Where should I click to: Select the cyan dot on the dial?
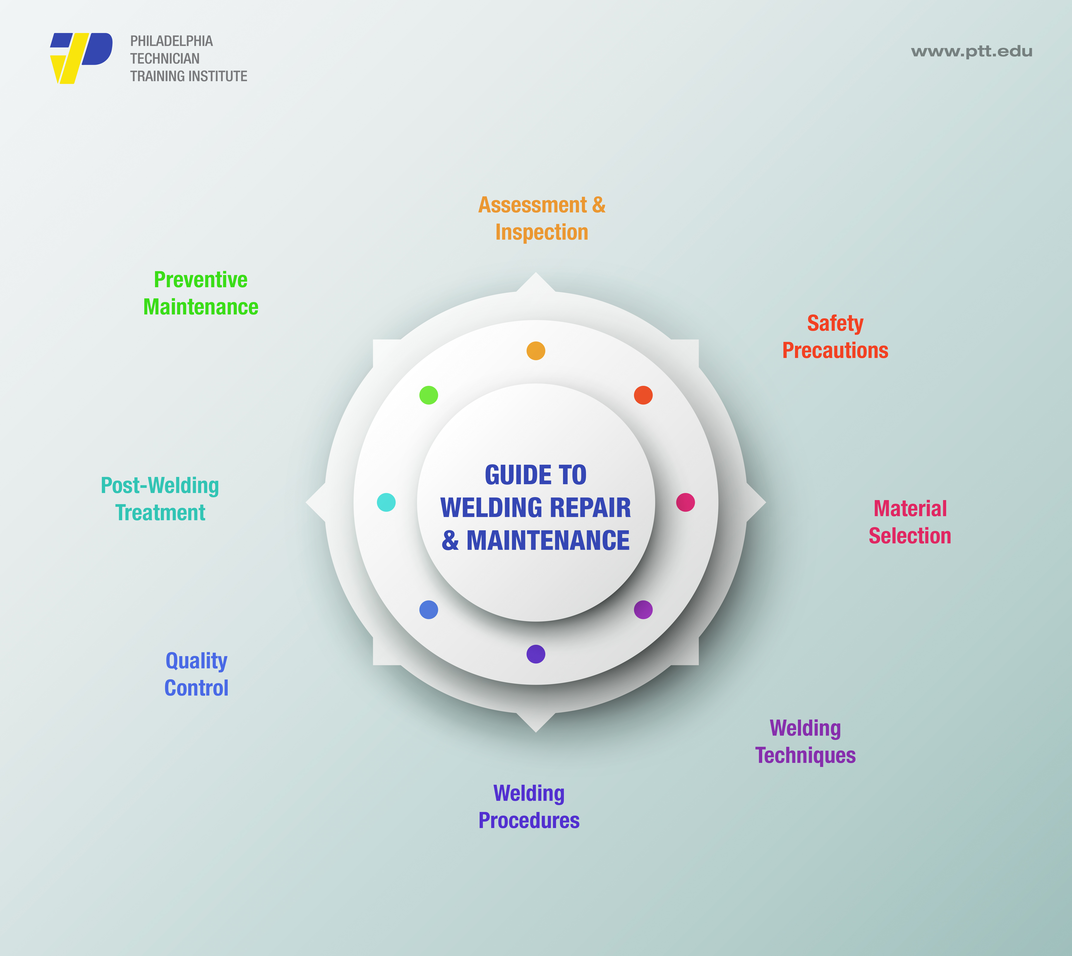tap(386, 502)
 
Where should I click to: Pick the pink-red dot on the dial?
tap(685, 502)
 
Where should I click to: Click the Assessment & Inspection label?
tap(542, 218)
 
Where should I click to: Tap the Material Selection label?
tap(910, 522)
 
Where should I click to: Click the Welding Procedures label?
tap(529, 807)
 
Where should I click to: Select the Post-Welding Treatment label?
tap(160, 499)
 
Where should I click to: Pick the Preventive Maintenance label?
tap(201, 293)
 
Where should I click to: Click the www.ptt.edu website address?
tap(972, 51)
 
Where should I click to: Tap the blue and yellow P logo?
tap(81, 58)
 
